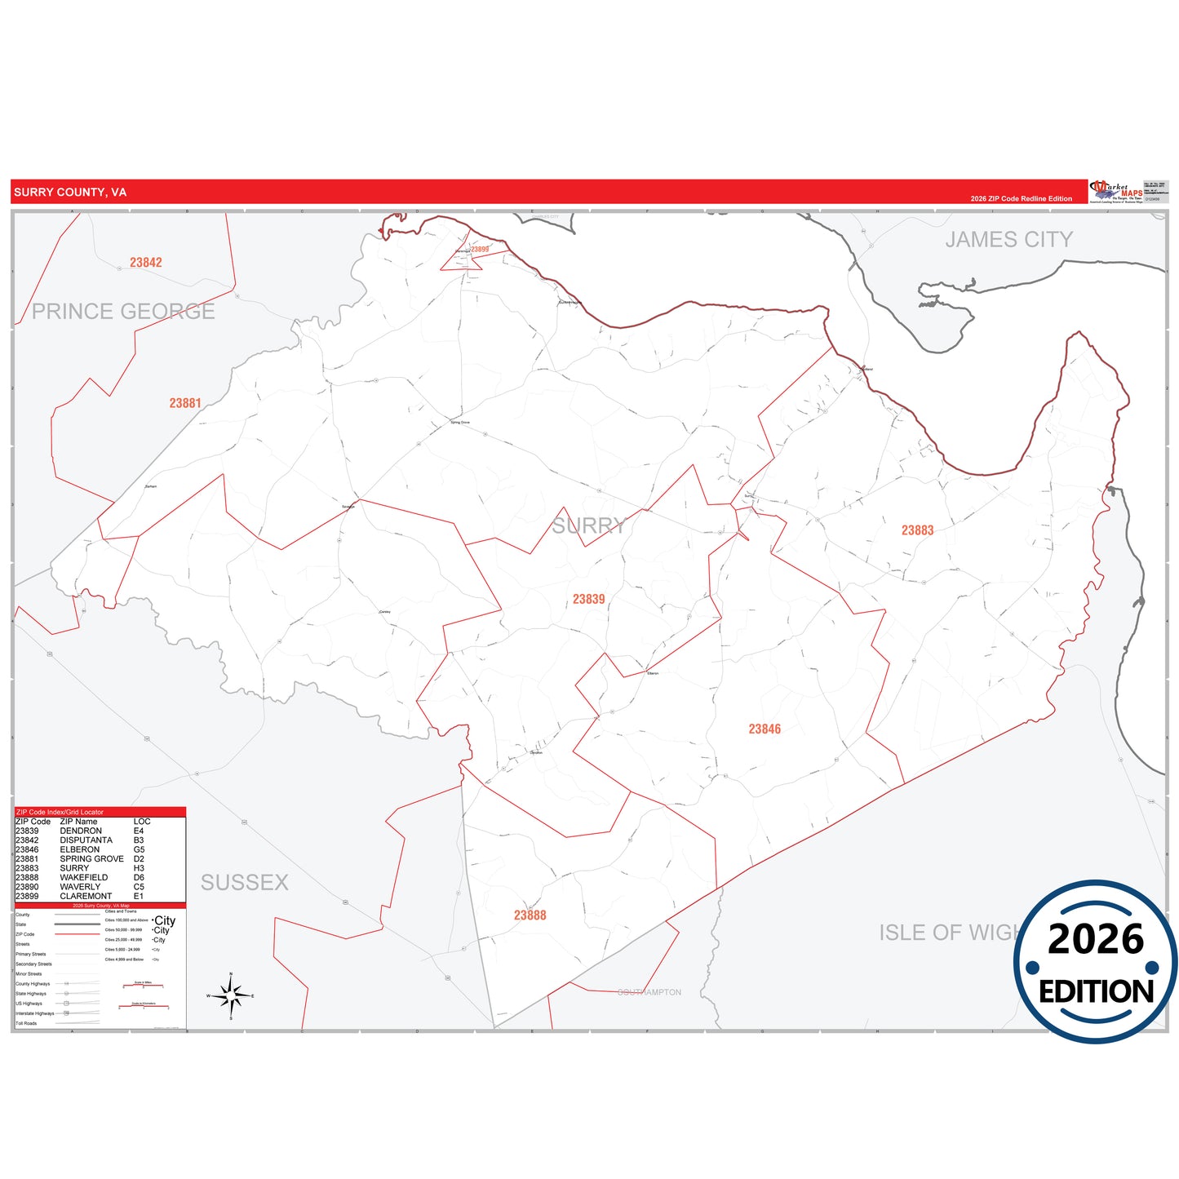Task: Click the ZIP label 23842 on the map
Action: click(x=146, y=263)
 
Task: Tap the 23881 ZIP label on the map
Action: click(x=185, y=403)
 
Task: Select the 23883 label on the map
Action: click(x=917, y=530)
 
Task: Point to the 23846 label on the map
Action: click(x=765, y=729)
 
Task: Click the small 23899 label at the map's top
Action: click(x=480, y=250)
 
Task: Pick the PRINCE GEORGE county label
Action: click(x=123, y=312)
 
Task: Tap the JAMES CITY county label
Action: click(x=1008, y=240)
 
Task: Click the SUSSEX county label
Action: click(x=245, y=883)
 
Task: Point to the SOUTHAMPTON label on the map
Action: click(x=649, y=992)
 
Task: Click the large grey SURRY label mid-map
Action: click(x=588, y=526)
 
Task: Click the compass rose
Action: click(x=231, y=995)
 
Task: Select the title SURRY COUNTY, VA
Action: click(x=70, y=193)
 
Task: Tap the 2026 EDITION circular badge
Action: click(x=1095, y=963)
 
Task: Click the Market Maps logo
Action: click(x=1116, y=192)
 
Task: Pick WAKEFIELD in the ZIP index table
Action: click(x=83, y=878)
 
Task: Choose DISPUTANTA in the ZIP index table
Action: click(x=86, y=840)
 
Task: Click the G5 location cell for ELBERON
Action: click(x=139, y=849)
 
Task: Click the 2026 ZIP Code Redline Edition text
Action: click(x=1021, y=198)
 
